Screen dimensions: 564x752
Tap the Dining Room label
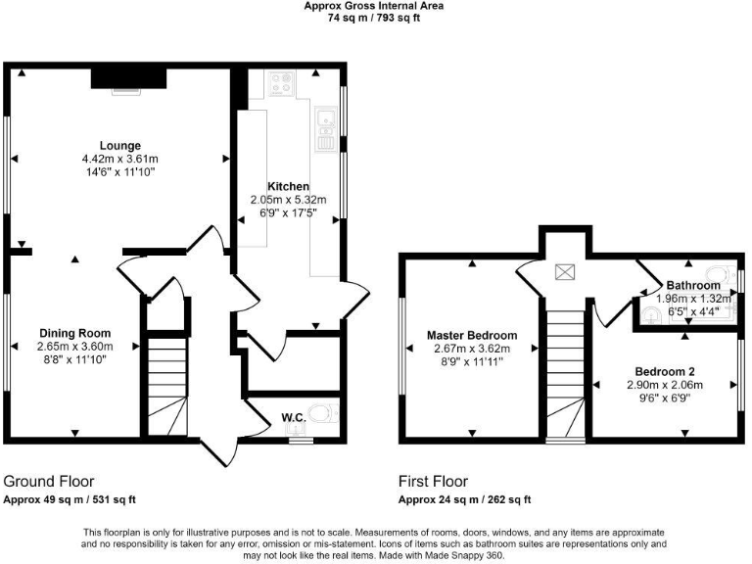coord(75,333)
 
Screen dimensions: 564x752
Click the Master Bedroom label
coord(471,336)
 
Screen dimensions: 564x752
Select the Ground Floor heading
coord(49,482)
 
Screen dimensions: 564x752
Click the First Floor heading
coord(433,482)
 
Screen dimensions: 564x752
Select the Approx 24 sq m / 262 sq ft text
coord(464,499)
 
